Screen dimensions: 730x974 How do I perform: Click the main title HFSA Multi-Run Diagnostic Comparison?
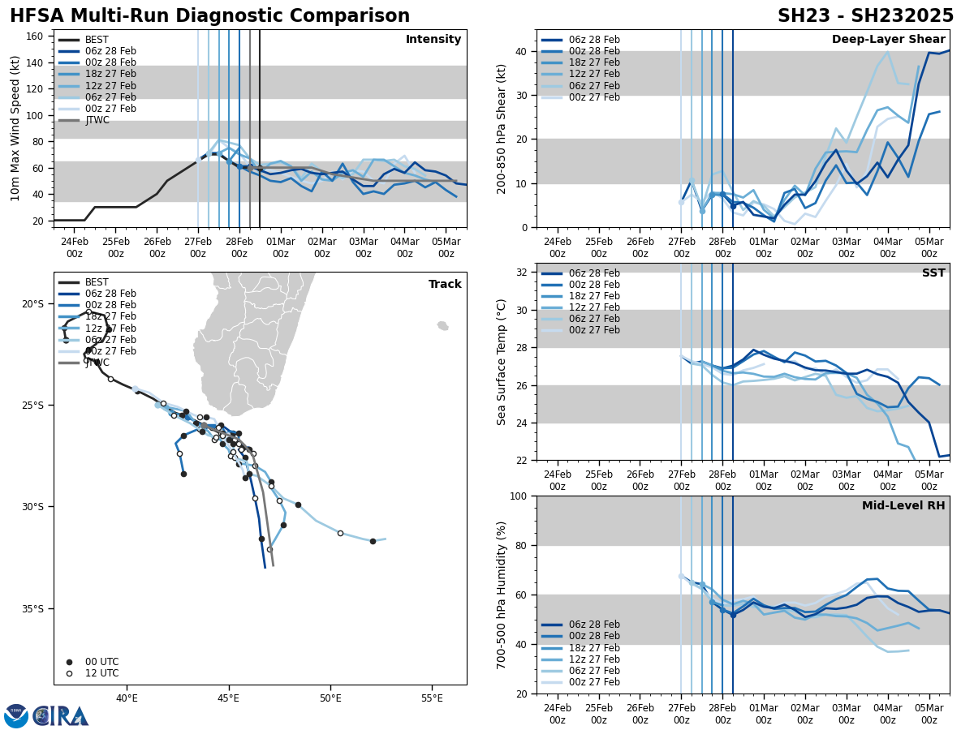(x=209, y=16)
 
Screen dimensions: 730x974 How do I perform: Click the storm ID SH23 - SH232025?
(x=865, y=16)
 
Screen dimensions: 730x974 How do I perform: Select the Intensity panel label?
(x=433, y=40)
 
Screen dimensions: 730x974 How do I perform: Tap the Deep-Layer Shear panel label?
(x=888, y=40)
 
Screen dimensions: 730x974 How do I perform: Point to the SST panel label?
(x=933, y=273)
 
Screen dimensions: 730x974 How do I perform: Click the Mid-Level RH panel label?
(x=903, y=506)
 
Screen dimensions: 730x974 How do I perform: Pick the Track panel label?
(x=445, y=285)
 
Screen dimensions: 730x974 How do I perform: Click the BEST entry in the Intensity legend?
(x=97, y=40)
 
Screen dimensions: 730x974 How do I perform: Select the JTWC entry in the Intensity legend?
(x=97, y=120)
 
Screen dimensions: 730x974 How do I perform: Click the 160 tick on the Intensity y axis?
(x=36, y=36)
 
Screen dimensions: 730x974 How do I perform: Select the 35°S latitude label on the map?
(x=33, y=609)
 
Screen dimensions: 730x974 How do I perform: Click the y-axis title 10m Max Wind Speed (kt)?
(x=15, y=128)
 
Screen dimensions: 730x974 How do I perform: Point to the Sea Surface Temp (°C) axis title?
(x=502, y=362)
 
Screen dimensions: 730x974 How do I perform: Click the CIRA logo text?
(x=61, y=716)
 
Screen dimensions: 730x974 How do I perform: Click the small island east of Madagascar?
(x=442, y=325)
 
